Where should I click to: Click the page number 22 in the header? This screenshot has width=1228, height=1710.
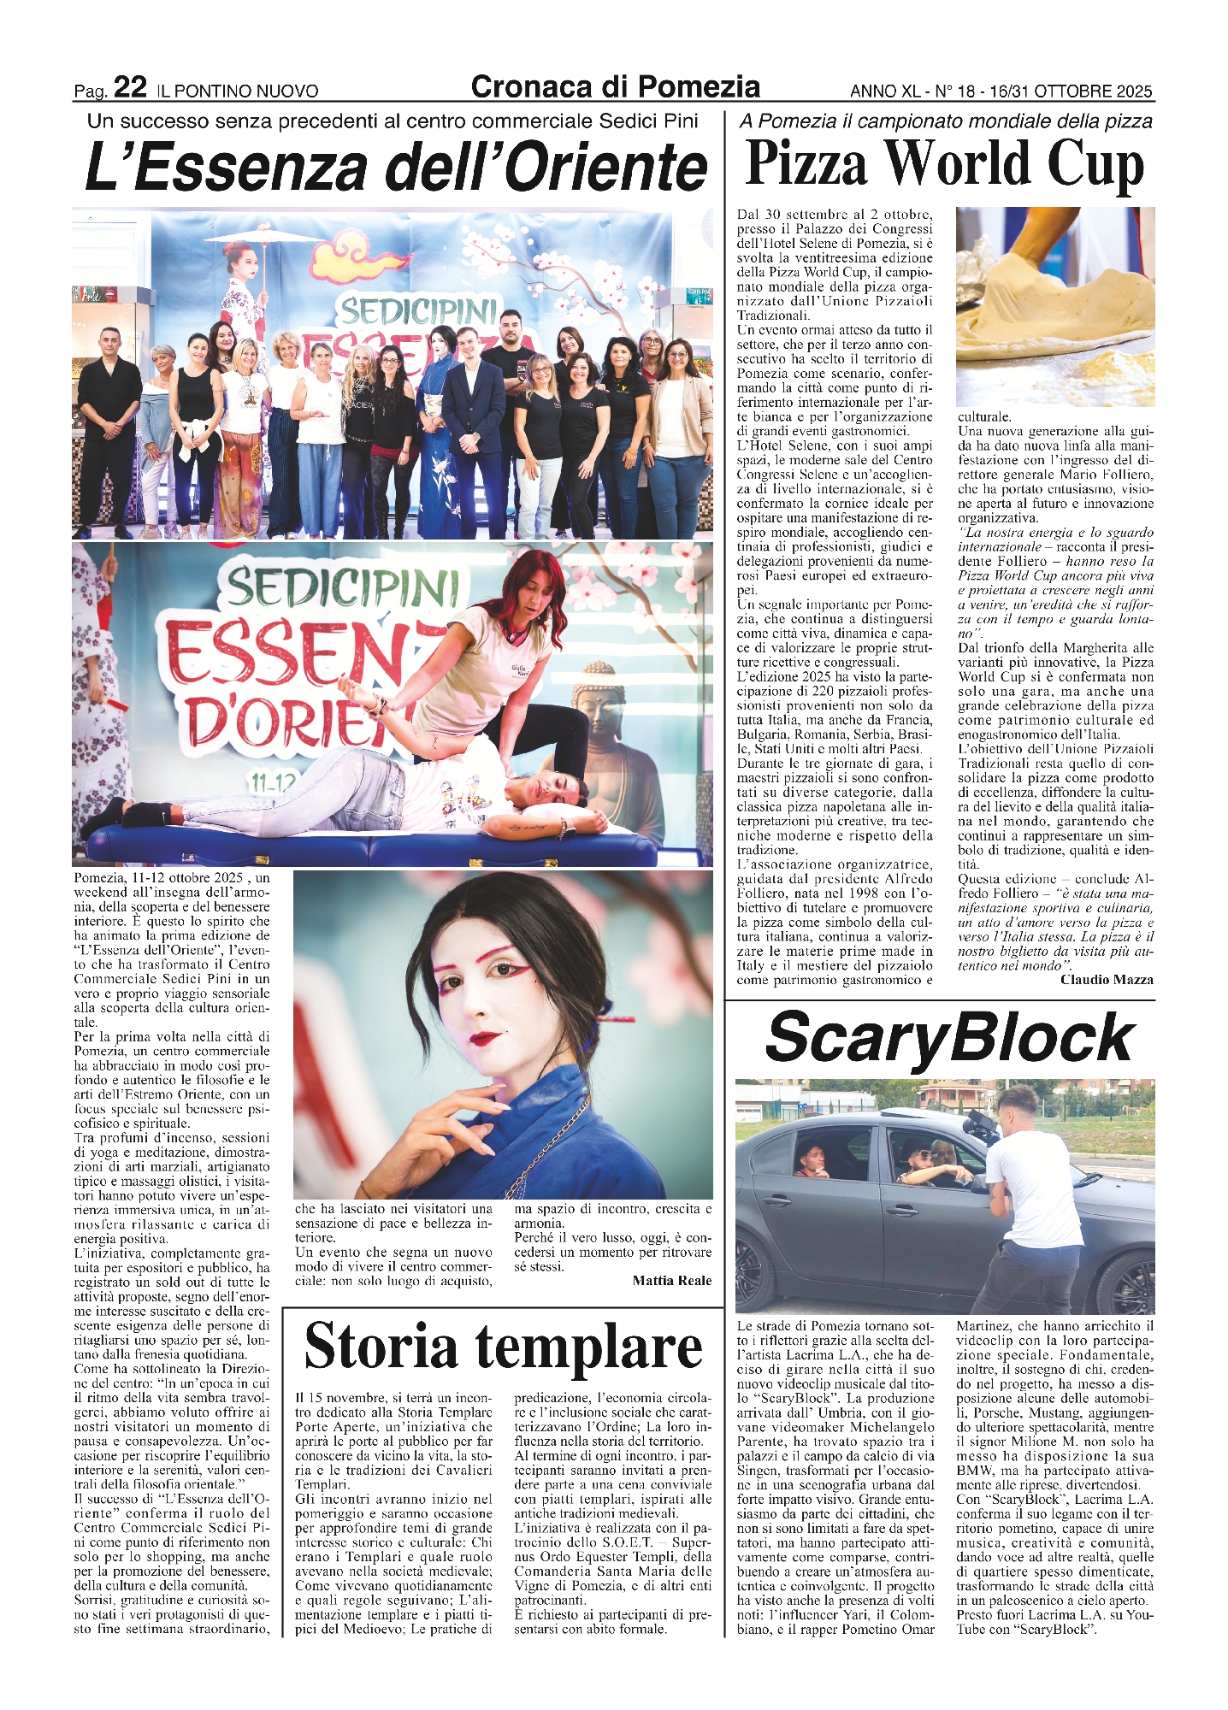130,87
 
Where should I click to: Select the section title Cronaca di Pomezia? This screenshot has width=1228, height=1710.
615,86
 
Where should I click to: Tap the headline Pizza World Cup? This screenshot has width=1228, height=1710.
944,164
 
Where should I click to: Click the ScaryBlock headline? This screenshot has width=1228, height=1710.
949,1038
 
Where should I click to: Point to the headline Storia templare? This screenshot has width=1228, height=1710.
503,1347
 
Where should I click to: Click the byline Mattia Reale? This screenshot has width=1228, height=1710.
671,1280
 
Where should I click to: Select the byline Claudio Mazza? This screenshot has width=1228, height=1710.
1107,979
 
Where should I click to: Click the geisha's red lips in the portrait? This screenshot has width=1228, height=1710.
487,1038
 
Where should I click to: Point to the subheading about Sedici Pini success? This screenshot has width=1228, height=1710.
393,121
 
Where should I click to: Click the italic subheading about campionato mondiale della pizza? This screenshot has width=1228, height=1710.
945,121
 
